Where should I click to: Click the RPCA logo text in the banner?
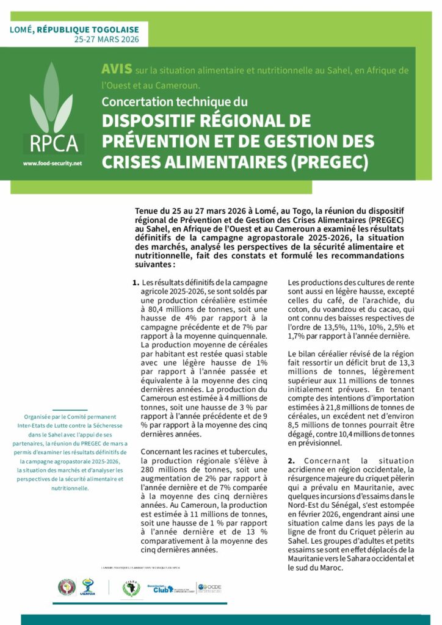click(x=54, y=143)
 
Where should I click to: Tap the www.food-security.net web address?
click(x=52, y=164)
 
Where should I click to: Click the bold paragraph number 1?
click(x=135, y=283)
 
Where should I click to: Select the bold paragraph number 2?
click(x=291, y=460)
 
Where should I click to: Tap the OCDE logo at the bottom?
click(x=209, y=588)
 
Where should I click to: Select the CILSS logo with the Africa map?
click(x=131, y=588)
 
